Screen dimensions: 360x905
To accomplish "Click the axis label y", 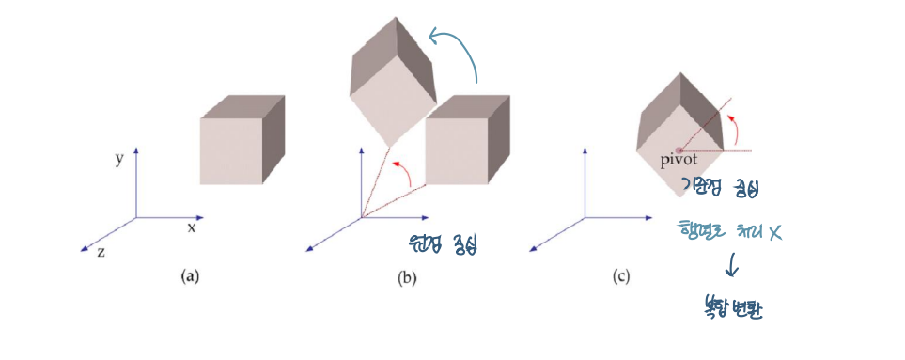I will [x=120, y=159].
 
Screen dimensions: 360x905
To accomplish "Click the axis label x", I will [x=191, y=227].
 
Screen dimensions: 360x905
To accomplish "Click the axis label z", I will [x=101, y=252].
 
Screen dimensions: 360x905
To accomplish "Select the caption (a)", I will [x=190, y=276].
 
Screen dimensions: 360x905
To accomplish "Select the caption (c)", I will [x=621, y=276].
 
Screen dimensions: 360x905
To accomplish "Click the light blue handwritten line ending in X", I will [x=729, y=229].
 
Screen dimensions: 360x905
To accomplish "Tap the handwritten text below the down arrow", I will [x=733, y=306].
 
